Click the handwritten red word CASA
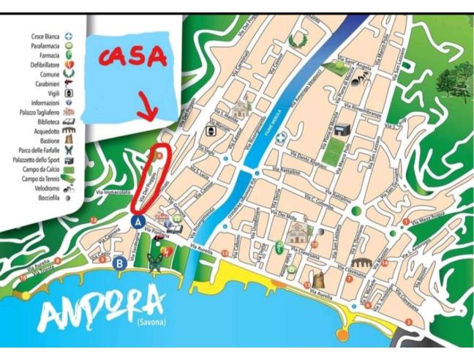click(132, 56)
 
